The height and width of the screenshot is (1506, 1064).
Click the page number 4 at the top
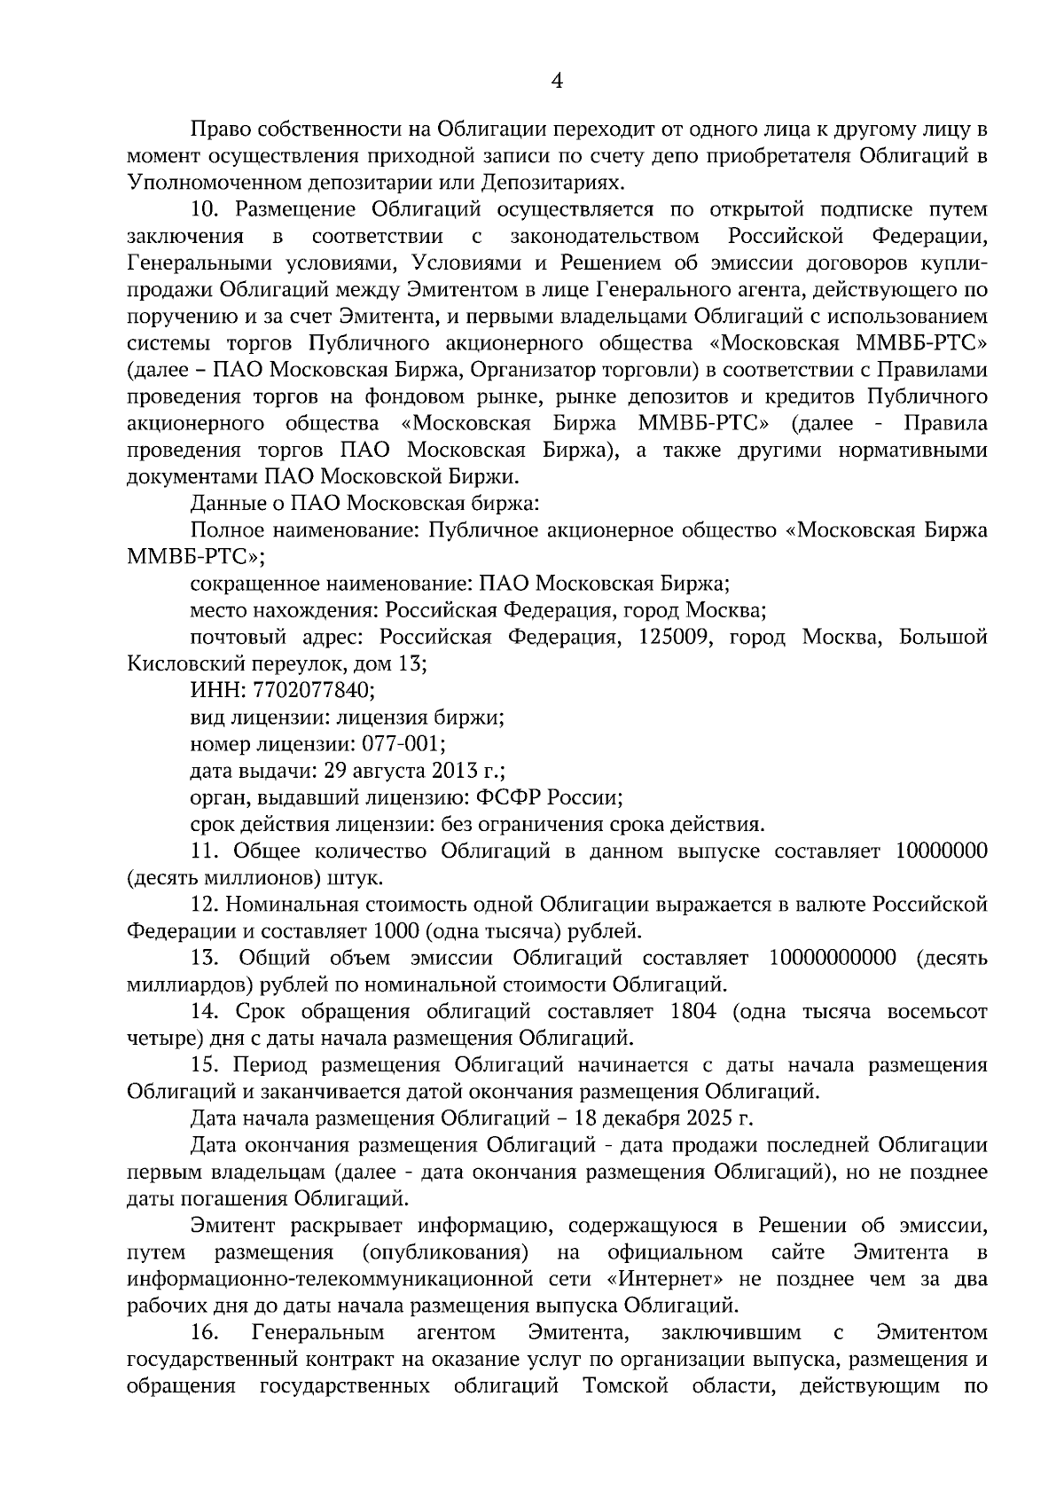pos(557,82)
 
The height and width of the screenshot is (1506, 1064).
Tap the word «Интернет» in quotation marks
pos(660,1279)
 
